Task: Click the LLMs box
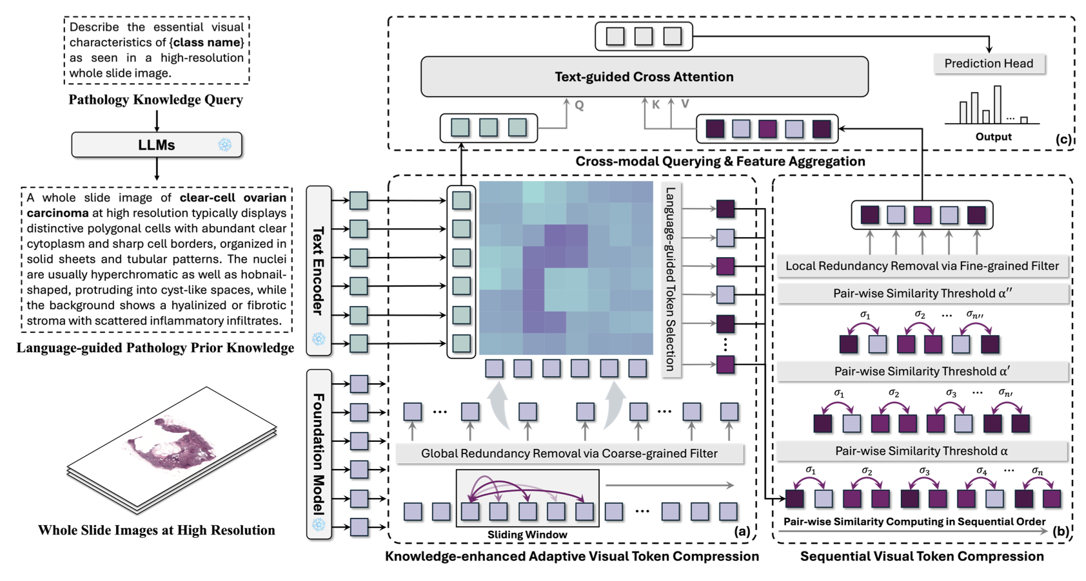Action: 157,145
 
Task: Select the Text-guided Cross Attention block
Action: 644,77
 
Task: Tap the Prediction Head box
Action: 989,63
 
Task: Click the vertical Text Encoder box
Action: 319,271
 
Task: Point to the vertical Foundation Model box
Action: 319,454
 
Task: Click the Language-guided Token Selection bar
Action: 671,280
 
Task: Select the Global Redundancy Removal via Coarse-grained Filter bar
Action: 569,453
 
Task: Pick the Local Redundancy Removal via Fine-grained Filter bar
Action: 923,266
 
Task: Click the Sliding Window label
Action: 527,535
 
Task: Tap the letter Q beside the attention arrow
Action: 579,105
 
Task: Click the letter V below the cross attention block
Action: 685,104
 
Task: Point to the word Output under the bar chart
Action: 993,137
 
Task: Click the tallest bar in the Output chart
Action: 997,104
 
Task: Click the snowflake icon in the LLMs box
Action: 224,144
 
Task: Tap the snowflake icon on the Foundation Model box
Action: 319,524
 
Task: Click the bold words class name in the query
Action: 207,43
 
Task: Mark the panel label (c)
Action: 1063,139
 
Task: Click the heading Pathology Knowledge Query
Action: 155,100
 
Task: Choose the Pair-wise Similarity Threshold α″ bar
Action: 923,294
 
